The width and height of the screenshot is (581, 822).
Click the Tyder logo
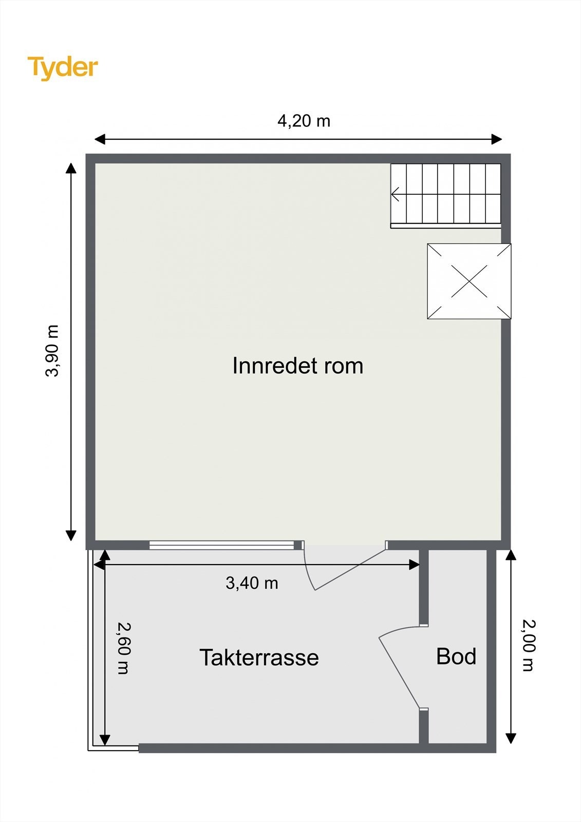(62, 67)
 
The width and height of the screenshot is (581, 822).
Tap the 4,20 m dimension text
(304, 121)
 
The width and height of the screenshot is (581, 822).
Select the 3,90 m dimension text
(52, 350)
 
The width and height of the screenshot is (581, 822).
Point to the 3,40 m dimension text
(252, 583)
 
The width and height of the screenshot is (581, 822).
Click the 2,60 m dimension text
(123, 648)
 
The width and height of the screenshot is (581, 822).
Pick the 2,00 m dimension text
(529, 646)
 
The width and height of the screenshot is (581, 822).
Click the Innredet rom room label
(297, 366)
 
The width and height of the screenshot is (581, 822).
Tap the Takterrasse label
(259, 658)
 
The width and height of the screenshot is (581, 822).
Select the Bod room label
(456, 657)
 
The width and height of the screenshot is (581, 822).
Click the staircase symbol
(445, 195)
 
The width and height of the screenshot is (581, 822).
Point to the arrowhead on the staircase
(395, 195)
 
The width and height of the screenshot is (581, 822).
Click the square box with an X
(469, 281)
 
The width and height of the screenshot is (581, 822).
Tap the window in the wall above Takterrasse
(222, 545)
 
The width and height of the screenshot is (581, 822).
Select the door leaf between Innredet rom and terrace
(350, 569)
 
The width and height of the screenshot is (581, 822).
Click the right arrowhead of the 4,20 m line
(496, 139)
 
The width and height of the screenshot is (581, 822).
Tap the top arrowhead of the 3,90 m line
(71, 169)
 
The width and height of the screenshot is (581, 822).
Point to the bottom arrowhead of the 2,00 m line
(510, 738)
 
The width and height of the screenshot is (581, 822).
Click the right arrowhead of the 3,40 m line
(414, 565)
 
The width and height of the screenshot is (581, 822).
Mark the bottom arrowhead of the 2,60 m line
(104, 739)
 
